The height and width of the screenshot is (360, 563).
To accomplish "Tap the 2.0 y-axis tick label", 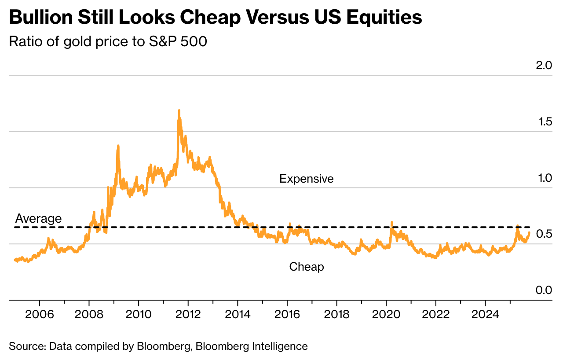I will (543, 66).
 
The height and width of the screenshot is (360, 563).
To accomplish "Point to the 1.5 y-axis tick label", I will (543, 122).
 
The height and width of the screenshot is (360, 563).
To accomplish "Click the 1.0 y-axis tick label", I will (543, 178).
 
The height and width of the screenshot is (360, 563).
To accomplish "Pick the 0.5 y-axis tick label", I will (543, 234).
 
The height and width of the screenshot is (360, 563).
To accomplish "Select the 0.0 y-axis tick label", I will (543, 290).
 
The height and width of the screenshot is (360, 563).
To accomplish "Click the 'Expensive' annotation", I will (307, 179).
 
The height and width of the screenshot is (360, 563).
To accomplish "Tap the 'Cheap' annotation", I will (307, 267).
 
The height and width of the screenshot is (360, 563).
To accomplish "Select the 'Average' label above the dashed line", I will (38, 218).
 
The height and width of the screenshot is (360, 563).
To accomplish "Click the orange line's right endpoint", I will (529, 232).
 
